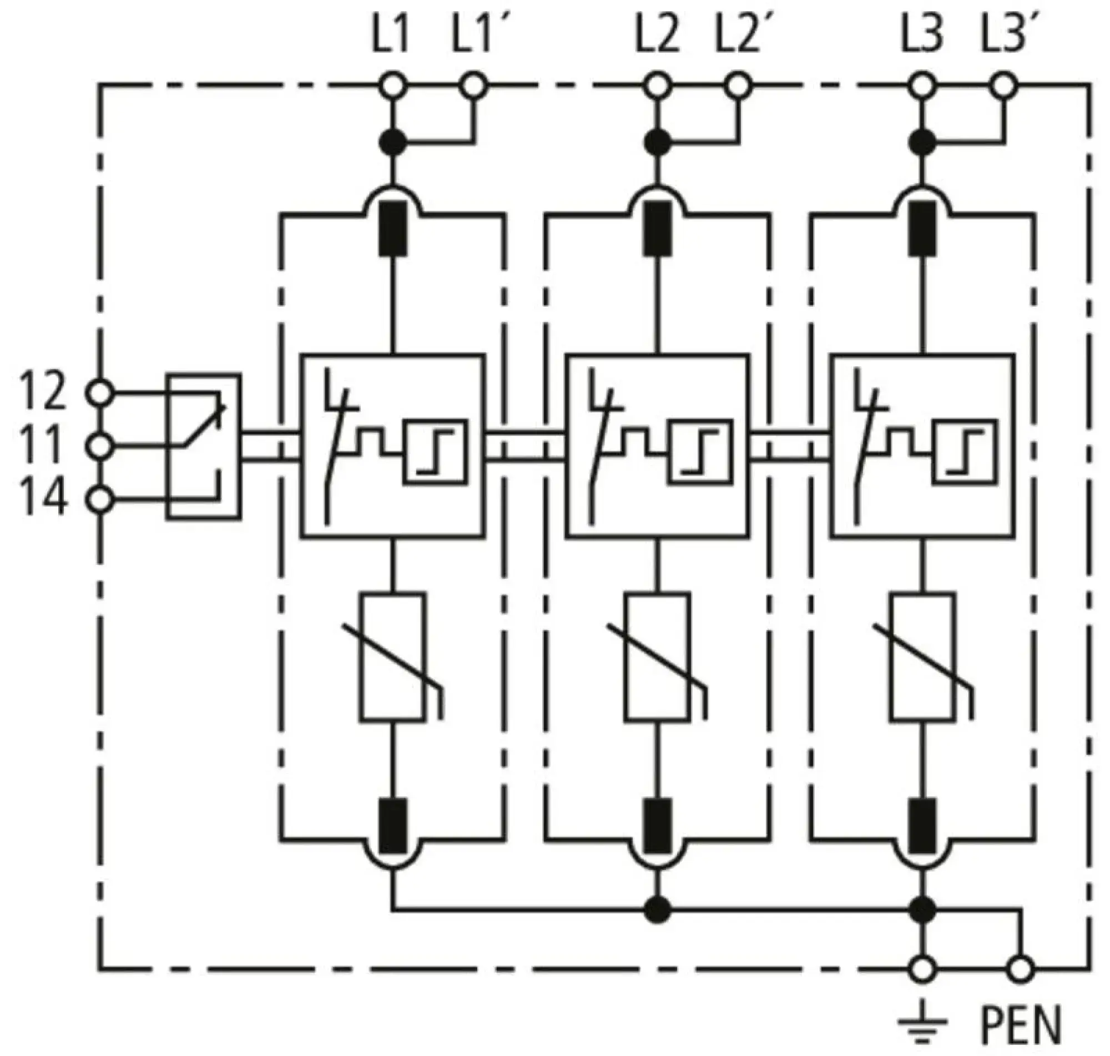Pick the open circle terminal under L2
pyautogui.click(x=657, y=86)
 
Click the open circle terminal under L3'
pyautogui.click(x=1003, y=86)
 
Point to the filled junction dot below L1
pyautogui.click(x=392, y=143)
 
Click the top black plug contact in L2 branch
pyautogui.click(x=657, y=229)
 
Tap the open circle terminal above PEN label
pyautogui.click(x=1021, y=970)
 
